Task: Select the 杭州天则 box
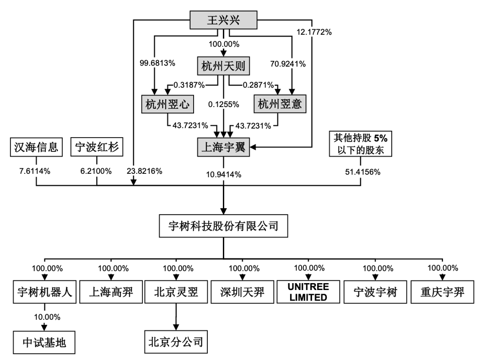[223, 67]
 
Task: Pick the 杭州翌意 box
[279, 105]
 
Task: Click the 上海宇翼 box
[223, 147]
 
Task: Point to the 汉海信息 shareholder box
[36, 147]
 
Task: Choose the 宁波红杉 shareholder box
[97, 147]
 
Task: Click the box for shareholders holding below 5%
[361, 143]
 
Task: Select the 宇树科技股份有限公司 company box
[223, 226]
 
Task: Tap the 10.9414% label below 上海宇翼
[223, 173]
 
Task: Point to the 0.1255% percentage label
[224, 105]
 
